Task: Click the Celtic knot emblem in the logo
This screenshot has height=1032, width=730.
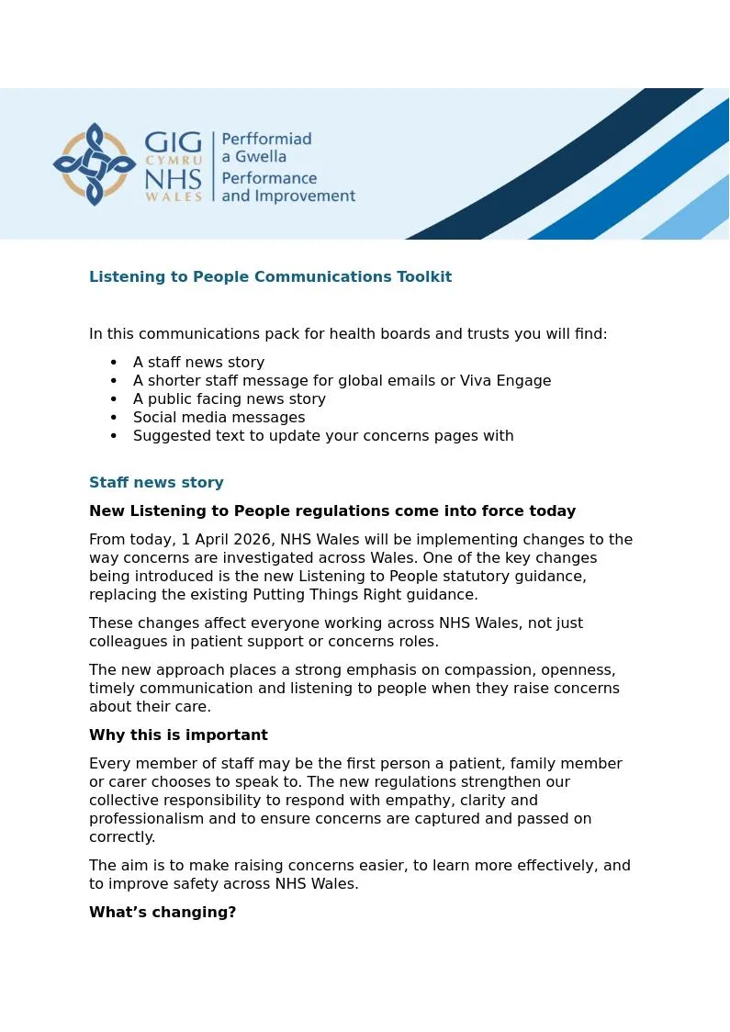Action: tap(94, 164)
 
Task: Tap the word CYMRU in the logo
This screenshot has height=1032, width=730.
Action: tap(174, 161)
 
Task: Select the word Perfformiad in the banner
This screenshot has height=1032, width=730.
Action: tap(266, 139)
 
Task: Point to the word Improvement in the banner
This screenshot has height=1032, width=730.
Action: tap(309, 196)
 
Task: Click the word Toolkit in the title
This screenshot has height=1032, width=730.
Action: tap(423, 276)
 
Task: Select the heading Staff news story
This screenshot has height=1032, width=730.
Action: tap(156, 482)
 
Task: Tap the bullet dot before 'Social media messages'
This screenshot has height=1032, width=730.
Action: tap(114, 417)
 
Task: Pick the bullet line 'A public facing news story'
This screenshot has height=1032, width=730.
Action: tap(230, 398)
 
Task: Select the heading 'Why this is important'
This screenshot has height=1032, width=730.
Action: tap(178, 735)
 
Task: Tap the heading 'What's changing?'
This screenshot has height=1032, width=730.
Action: tap(163, 912)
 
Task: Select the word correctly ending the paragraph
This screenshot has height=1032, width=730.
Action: tap(122, 836)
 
